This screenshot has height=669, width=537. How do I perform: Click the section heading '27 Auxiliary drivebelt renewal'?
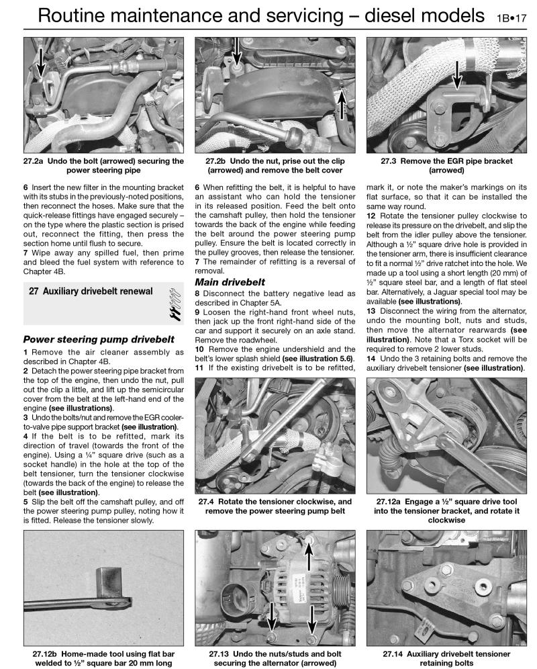point(91,292)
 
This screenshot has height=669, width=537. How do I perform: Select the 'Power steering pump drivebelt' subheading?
point(99,339)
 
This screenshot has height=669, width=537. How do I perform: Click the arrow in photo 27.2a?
point(41,64)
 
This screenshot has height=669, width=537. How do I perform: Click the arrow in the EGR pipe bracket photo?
point(456,73)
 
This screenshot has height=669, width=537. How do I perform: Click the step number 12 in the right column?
point(371,215)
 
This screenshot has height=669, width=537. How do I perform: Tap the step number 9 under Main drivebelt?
point(197,312)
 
